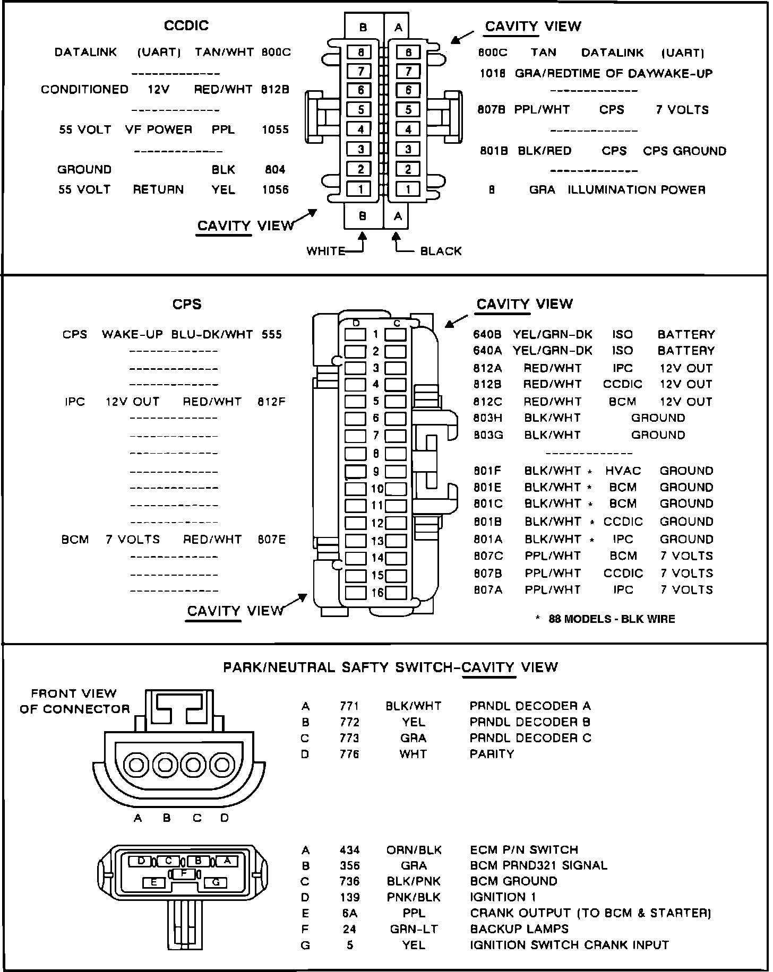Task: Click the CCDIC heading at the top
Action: tap(186, 25)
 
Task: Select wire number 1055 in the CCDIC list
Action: tap(275, 129)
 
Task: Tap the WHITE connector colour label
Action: tap(325, 251)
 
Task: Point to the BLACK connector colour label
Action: tap(441, 251)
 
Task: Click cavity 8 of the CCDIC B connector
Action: tap(360, 52)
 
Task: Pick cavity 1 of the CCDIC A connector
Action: tap(408, 189)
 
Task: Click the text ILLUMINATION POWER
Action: tap(637, 190)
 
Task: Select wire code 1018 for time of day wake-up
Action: tap(493, 74)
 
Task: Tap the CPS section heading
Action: tap(187, 304)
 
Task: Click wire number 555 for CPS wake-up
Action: tap(272, 335)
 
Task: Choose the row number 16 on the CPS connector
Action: tap(377, 593)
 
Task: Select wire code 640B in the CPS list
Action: tap(487, 335)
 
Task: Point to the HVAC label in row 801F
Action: tap(623, 471)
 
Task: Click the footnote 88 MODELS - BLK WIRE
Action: tap(612, 619)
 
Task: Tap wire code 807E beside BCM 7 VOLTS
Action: tap(271, 540)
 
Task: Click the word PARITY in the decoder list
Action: tap(492, 754)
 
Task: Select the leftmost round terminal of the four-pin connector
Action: tap(136, 765)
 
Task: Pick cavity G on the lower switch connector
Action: tap(216, 882)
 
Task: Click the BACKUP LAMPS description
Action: tap(519, 929)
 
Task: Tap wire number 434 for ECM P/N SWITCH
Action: tap(349, 850)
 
